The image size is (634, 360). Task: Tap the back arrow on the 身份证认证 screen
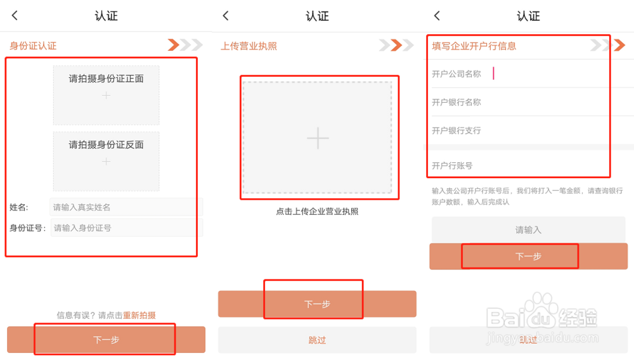click(x=15, y=16)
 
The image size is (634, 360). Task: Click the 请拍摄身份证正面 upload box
click(x=106, y=94)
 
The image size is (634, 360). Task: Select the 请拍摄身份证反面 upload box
click(x=106, y=161)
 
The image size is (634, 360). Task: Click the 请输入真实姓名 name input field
click(x=126, y=207)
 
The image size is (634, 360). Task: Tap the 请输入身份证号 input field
click(x=126, y=228)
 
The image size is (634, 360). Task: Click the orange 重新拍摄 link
click(x=139, y=315)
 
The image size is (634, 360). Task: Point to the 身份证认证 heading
click(x=33, y=46)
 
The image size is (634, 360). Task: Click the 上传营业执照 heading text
click(x=249, y=46)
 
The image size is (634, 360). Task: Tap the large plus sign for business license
click(x=317, y=138)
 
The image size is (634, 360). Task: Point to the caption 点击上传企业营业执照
click(x=317, y=211)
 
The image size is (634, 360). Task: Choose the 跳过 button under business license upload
click(x=317, y=340)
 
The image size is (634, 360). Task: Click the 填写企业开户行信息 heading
click(x=474, y=46)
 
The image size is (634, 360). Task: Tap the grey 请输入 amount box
click(x=528, y=229)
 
